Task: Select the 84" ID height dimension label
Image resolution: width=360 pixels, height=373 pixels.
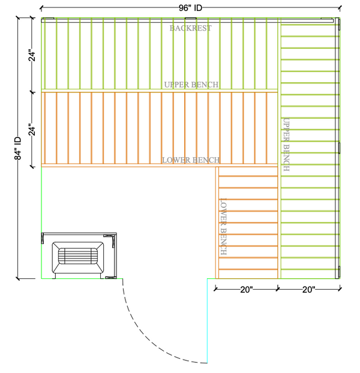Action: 19,148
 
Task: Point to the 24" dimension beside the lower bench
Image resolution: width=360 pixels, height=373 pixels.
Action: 33,129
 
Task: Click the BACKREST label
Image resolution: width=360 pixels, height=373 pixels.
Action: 190,28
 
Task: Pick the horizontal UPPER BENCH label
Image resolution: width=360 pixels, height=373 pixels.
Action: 191,85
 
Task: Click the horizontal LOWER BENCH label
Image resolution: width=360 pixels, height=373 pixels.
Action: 190,160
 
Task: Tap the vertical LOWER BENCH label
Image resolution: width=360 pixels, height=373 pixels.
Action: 223,227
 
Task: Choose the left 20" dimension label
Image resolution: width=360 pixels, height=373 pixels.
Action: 246,290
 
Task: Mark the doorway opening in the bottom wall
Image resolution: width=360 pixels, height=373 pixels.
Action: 165,279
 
